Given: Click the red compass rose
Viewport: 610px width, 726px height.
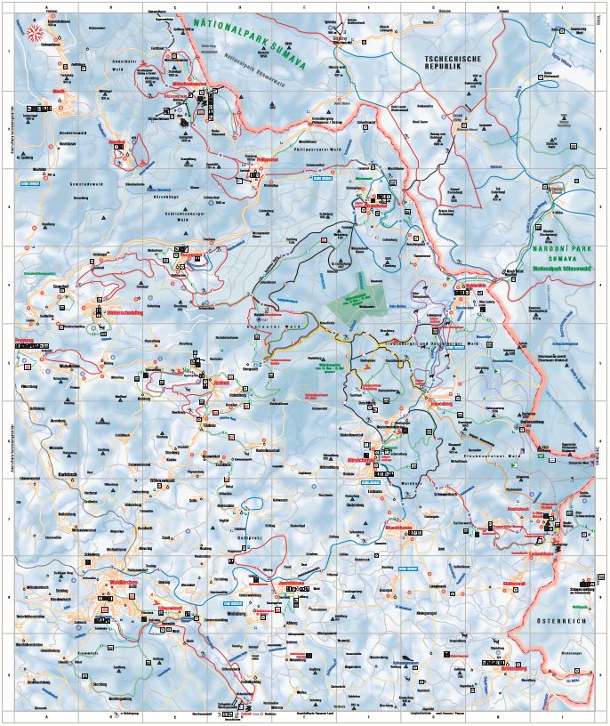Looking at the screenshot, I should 36,34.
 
